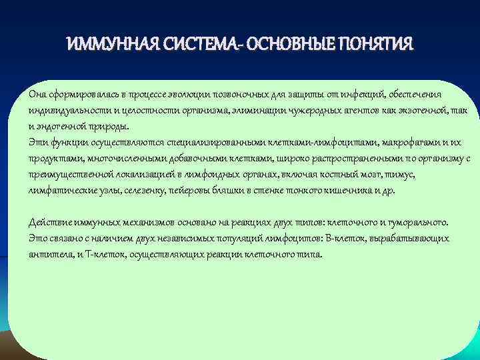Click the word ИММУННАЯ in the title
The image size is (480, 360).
pos(109,45)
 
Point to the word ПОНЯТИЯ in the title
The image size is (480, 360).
pos(376,45)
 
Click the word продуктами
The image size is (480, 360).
pos(54,158)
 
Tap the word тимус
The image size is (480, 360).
pos(419,174)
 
